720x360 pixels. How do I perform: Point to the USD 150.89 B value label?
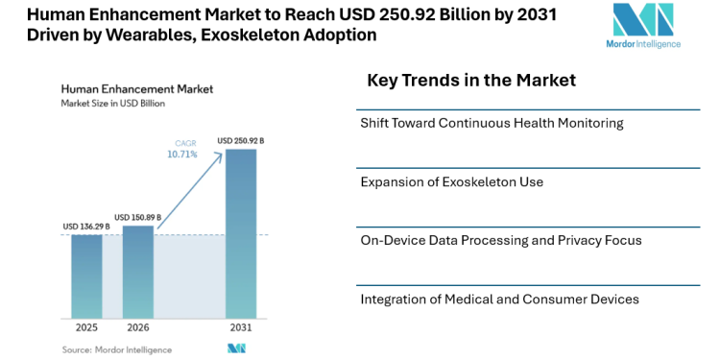(x=138, y=218)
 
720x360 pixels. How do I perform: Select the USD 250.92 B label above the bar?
(x=241, y=141)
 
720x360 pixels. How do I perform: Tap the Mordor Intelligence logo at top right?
(x=645, y=26)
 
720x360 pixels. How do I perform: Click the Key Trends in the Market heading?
(x=471, y=81)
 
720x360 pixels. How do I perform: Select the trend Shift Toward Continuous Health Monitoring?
(x=492, y=124)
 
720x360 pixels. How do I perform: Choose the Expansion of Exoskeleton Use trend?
(x=452, y=182)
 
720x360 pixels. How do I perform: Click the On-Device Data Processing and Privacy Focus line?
(x=500, y=241)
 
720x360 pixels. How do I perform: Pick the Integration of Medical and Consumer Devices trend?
(x=499, y=300)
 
